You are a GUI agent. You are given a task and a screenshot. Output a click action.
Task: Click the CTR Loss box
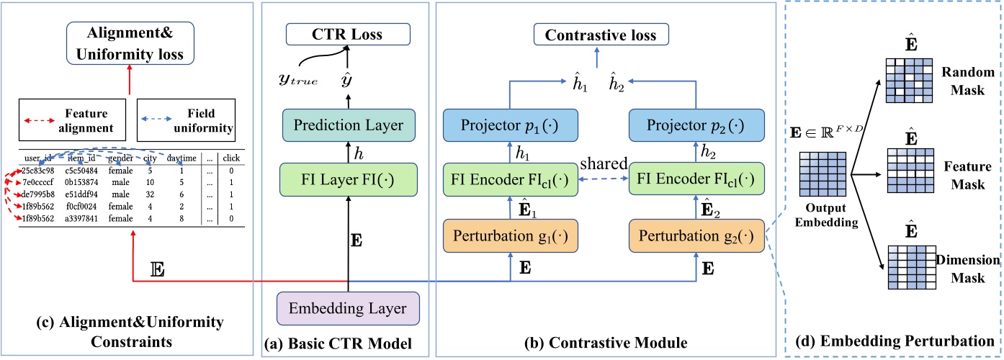coord(347,34)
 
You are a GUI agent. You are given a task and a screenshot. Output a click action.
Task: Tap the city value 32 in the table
coord(148,194)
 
